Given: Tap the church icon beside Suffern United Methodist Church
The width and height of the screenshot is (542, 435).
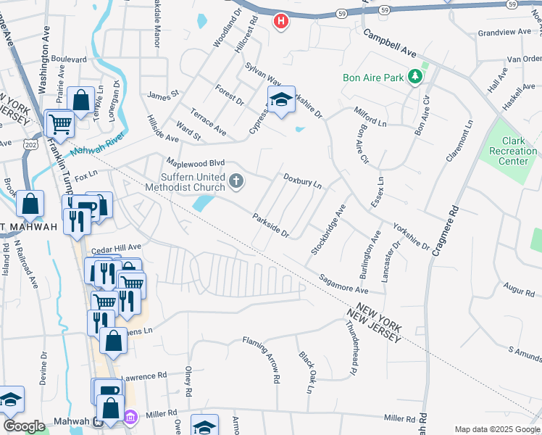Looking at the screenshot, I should click(x=235, y=181).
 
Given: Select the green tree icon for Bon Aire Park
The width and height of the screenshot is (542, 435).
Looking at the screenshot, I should click(x=415, y=75).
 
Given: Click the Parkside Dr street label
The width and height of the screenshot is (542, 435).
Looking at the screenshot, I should click(x=271, y=225).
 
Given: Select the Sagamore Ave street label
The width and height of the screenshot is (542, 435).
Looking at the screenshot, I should click(x=344, y=283).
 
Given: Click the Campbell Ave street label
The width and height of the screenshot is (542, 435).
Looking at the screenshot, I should click(x=390, y=44).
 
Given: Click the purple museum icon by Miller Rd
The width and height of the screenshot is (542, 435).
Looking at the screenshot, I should click(x=130, y=418).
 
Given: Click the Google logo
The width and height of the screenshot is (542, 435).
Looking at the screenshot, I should click(x=24, y=426).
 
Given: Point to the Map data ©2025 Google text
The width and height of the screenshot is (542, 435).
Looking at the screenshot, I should click(x=496, y=429).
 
